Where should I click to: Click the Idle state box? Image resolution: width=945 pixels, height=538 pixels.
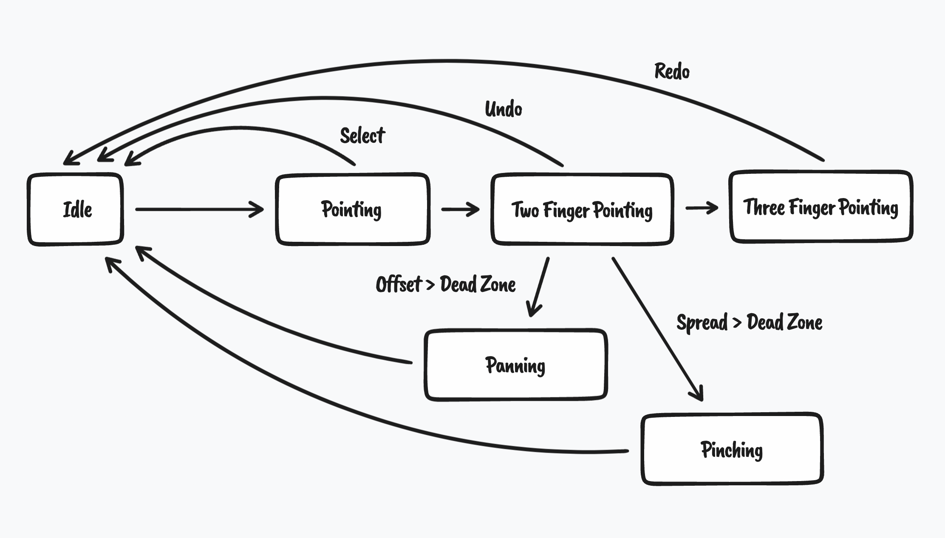[76, 209]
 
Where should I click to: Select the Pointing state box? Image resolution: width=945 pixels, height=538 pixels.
[352, 209]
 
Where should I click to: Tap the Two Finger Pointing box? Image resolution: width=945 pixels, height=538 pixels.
[582, 210]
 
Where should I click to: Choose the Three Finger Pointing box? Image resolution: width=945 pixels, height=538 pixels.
[821, 207]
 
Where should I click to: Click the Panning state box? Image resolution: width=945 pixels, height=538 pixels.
[515, 365]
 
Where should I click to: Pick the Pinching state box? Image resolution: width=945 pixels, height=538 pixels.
[732, 449]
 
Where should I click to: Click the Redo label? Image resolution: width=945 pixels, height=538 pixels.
[672, 71]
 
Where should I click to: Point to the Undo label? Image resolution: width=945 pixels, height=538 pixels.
[504, 109]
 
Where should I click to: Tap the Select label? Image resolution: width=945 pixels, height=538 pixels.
[362, 136]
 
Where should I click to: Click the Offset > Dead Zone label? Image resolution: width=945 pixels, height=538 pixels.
[446, 284]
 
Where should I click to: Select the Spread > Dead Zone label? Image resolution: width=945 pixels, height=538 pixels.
[749, 322]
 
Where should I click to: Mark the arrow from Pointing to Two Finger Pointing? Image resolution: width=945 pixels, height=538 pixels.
[460, 209]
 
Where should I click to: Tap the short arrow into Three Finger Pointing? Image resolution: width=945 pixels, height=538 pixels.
[701, 208]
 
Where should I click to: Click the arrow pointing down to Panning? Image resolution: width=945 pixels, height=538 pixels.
[538, 287]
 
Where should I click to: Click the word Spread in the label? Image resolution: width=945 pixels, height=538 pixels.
[702, 323]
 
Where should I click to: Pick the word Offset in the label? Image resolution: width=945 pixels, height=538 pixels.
[398, 284]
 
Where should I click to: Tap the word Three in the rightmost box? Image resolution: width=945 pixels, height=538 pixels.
[764, 207]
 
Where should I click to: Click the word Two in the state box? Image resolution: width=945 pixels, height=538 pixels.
[525, 210]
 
